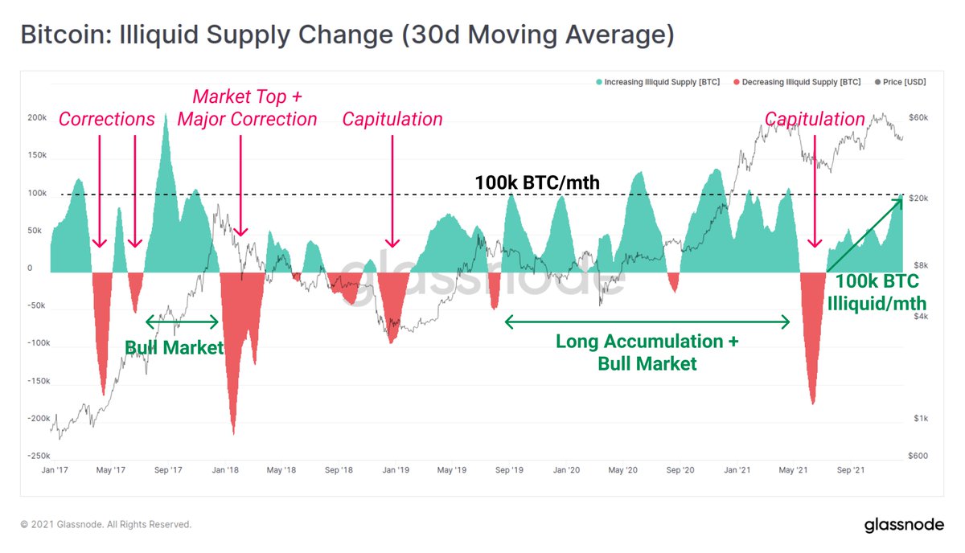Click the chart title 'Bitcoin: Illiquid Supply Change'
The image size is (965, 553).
click(347, 35)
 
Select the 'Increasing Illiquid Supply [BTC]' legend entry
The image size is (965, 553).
click(657, 82)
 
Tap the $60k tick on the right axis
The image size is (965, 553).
click(918, 118)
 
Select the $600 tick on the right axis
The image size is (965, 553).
click(918, 456)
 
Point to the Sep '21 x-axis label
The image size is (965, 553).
click(851, 469)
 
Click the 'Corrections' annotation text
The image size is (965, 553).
click(106, 120)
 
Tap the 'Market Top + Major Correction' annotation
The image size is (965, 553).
click(247, 109)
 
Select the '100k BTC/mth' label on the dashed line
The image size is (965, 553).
click(537, 182)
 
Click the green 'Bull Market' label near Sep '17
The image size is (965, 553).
click(174, 348)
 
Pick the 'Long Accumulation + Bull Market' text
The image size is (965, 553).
click(647, 352)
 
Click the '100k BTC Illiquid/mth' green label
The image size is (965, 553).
click(877, 293)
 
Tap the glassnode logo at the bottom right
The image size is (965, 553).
click(903, 526)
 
